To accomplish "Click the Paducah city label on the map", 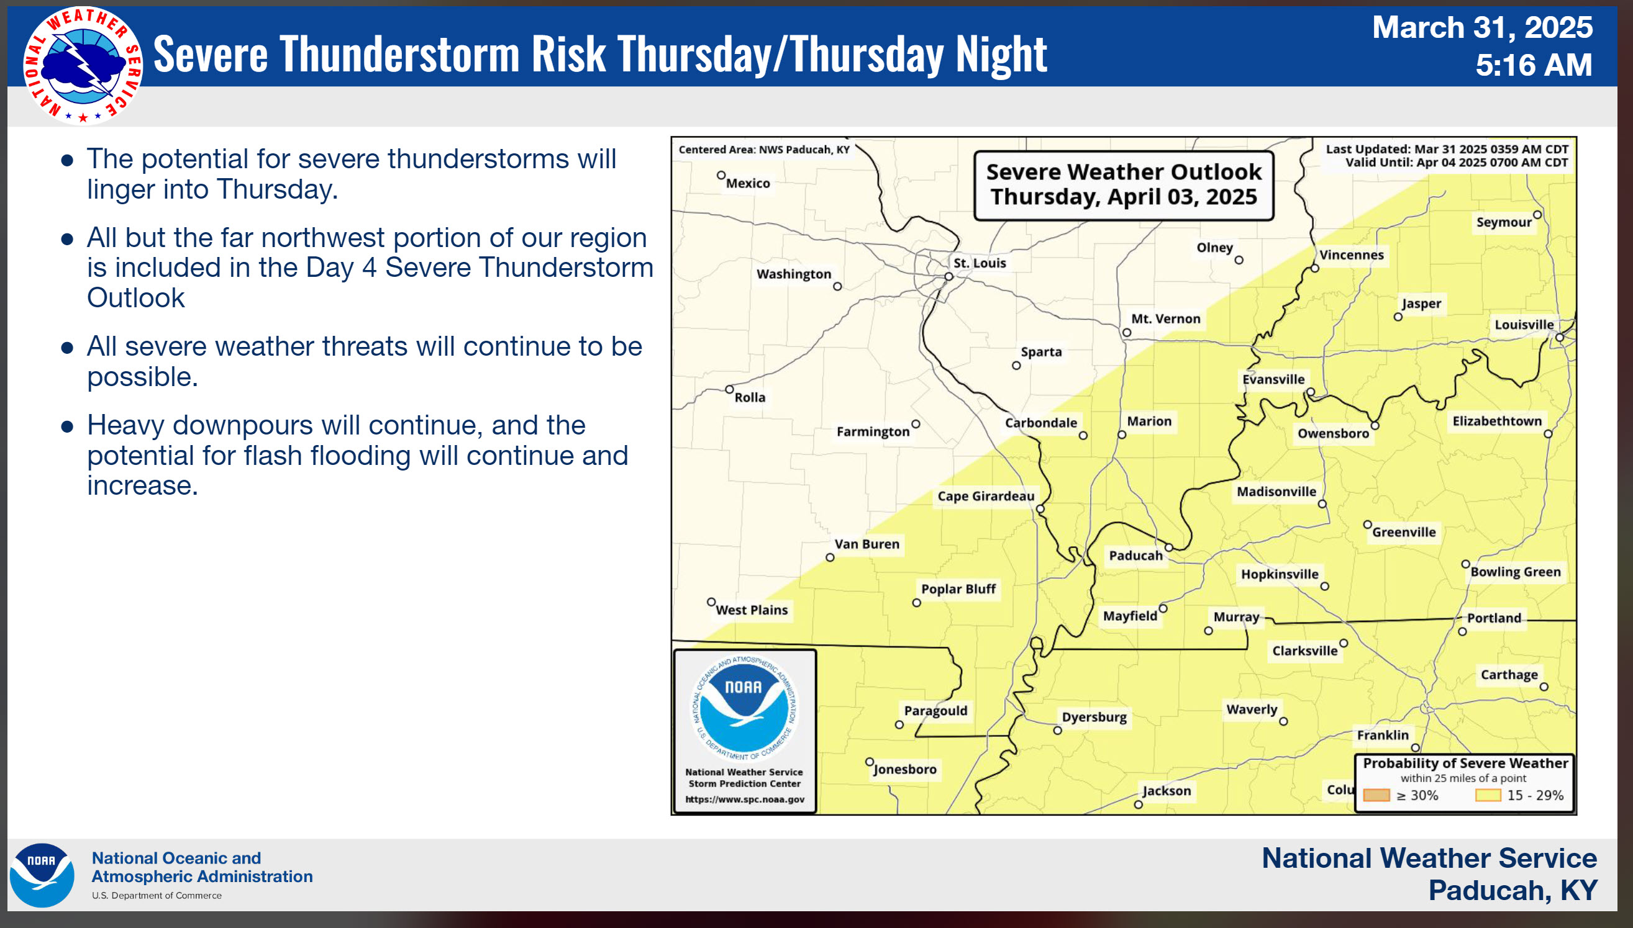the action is (1135, 555).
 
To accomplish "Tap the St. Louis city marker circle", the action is (949, 277).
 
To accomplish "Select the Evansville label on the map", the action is (1273, 379).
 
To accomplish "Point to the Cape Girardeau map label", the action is (986, 496).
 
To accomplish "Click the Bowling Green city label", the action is (1516, 572).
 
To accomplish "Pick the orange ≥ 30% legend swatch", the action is (1376, 795).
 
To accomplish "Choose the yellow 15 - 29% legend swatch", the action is (1488, 795).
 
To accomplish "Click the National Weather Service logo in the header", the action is (82, 65).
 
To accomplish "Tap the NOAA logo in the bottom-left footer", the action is (42, 875).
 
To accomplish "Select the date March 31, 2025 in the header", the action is (1482, 27).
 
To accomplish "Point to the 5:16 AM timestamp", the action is (1534, 65).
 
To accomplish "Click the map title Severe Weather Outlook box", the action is (1124, 186).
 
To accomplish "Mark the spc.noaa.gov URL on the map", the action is (745, 800).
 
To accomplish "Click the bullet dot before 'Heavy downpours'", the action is (67, 426).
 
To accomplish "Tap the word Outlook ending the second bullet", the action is (136, 298).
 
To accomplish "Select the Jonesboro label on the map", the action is (905, 769).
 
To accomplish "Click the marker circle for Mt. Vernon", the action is (1127, 333).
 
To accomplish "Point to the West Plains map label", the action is (752, 610).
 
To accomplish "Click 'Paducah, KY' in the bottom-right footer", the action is (1512, 890).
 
